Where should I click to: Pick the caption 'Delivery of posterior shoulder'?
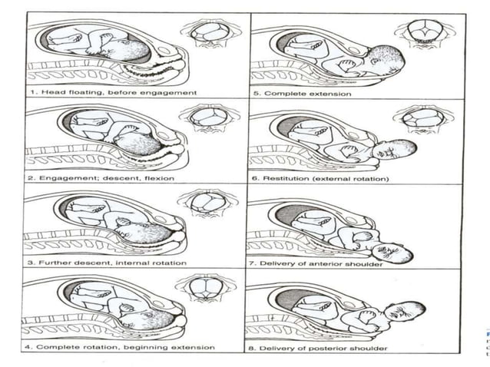pos(322,348)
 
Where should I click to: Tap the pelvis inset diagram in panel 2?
pos(205,117)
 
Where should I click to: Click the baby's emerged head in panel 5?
pos(386,61)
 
